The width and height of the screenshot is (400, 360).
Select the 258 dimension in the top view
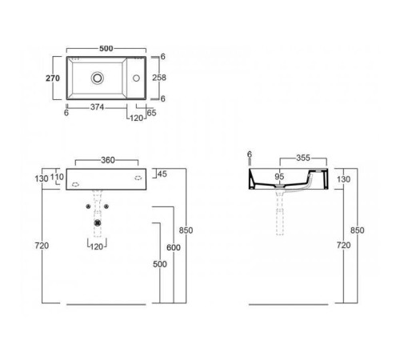click(160, 78)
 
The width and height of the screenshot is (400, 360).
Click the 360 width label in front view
click(106, 159)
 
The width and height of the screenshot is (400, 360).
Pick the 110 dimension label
click(58, 177)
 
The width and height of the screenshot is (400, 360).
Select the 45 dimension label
click(162, 174)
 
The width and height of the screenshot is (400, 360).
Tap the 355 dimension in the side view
click(303, 158)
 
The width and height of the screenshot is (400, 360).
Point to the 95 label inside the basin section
click(279, 176)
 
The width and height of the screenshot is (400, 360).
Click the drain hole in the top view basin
click(98, 78)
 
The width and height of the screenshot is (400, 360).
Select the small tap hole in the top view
click(136, 78)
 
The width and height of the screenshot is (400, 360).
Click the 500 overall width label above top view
click(106, 48)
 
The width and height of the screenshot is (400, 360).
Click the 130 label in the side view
click(343, 178)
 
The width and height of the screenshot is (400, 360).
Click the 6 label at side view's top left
click(249, 154)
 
